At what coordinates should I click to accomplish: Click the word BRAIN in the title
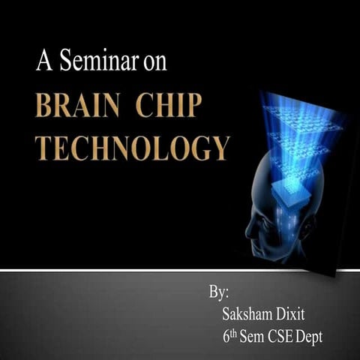click(x=79, y=106)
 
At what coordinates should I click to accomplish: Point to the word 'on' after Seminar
click(x=155, y=64)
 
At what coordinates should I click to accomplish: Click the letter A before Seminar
click(x=43, y=61)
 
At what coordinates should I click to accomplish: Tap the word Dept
click(x=311, y=337)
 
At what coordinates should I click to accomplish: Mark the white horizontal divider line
click(x=150, y=270)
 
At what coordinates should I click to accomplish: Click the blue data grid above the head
click(x=296, y=120)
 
